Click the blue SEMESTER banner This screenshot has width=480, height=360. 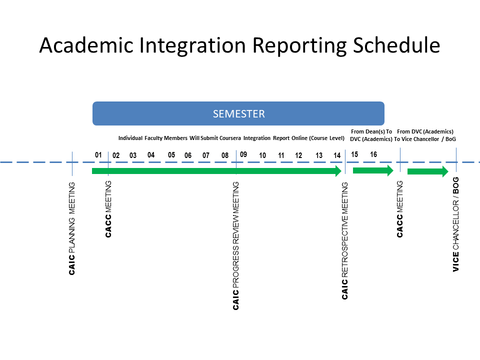[238, 113]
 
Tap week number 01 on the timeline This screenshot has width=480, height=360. [98, 155]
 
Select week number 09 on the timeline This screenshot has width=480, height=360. [243, 154]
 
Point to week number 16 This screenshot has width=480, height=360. [373, 154]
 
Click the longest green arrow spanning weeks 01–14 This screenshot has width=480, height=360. [216, 171]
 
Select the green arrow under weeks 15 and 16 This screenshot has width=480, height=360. [373, 170]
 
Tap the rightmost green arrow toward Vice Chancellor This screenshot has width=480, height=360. [428, 171]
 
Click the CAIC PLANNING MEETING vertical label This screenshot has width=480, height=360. [72, 228]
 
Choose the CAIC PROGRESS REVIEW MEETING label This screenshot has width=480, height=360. [235, 246]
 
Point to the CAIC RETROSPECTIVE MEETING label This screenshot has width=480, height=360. [345, 240]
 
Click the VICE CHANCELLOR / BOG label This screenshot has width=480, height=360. [456, 224]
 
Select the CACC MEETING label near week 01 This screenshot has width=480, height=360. [108, 209]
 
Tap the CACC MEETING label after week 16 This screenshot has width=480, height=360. [400, 209]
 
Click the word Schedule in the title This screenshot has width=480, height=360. [396, 45]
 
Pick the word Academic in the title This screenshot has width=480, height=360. [86, 45]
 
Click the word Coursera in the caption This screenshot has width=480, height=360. [230, 138]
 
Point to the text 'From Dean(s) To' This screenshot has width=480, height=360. [371, 131]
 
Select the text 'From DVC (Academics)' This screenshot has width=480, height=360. [425, 131]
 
